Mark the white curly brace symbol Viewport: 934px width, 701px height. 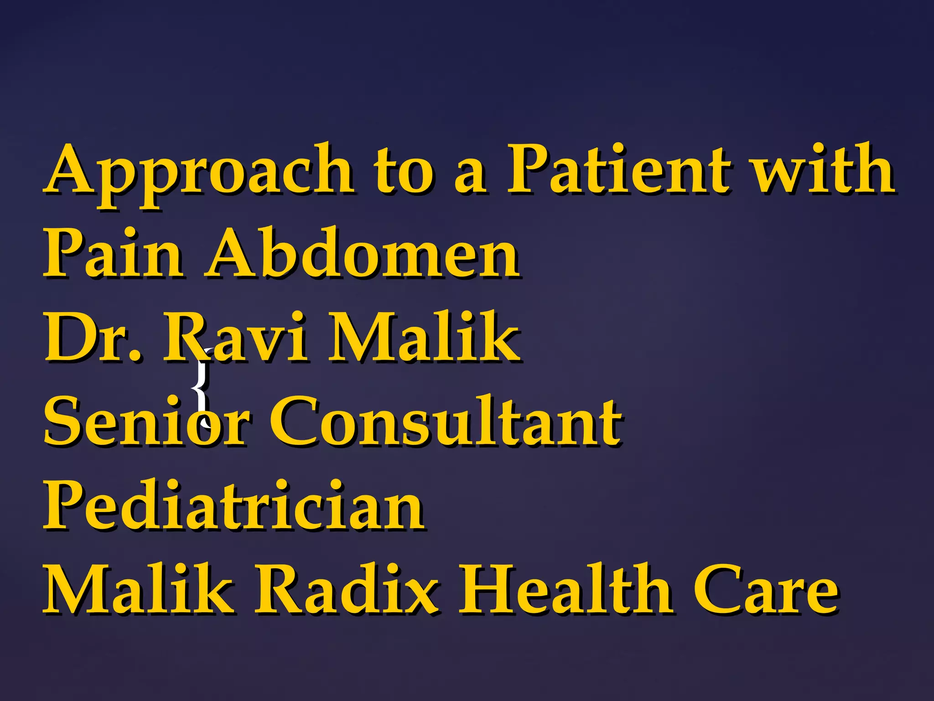[x=201, y=388]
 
